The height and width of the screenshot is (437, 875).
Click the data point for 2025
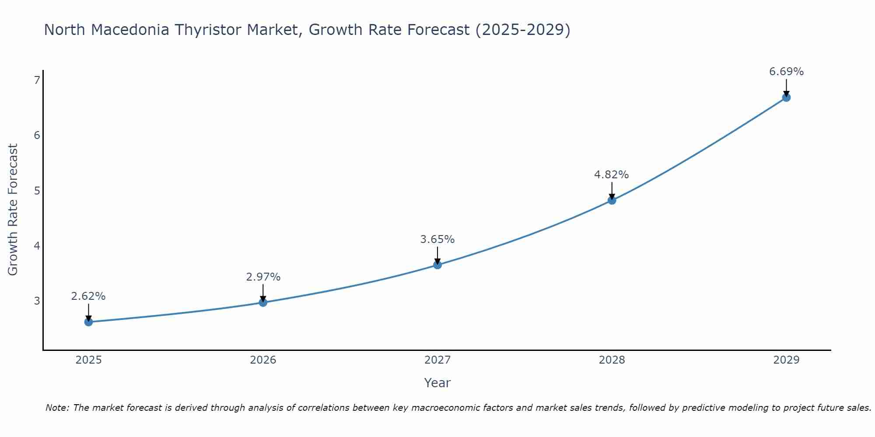[88, 322]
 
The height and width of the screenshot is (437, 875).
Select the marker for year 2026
[263, 302]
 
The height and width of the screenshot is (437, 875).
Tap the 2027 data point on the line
[437, 265]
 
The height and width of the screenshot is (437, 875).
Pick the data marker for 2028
[612, 200]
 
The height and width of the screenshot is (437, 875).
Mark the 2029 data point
[786, 97]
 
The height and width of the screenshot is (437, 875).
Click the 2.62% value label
[88, 296]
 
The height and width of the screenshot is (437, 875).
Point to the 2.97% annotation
[263, 277]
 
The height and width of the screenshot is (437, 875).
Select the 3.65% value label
[437, 239]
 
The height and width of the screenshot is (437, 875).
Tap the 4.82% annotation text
[611, 175]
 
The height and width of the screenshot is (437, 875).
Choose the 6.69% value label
[786, 72]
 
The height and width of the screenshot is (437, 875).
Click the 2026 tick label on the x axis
[263, 360]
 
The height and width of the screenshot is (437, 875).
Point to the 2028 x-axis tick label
[612, 360]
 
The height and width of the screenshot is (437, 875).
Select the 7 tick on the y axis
[37, 80]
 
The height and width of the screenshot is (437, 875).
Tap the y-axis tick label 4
[37, 246]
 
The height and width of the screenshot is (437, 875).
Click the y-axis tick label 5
[37, 191]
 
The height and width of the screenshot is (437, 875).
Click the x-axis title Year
[437, 383]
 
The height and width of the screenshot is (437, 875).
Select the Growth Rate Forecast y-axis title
[13, 210]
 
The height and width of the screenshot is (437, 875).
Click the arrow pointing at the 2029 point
[786, 88]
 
